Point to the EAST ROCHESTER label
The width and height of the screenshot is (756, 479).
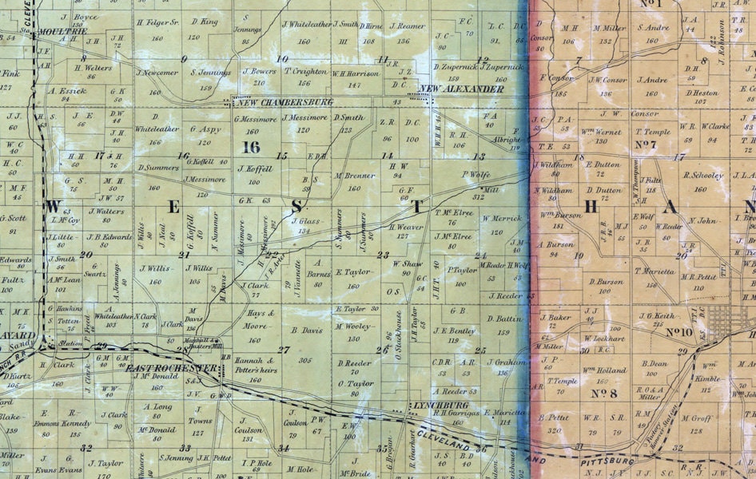click(171, 368)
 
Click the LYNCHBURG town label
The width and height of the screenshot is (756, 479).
click(435, 405)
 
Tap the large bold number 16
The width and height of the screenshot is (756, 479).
click(251, 146)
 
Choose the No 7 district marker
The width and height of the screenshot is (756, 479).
click(645, 144)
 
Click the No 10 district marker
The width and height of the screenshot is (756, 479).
click(678, 331)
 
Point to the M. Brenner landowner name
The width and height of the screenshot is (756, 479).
click(355, 175)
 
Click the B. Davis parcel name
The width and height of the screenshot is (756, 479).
click(304, 330)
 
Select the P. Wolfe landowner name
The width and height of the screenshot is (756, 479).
click(475, 174)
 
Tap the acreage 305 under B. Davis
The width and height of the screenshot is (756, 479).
click(304, 361)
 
